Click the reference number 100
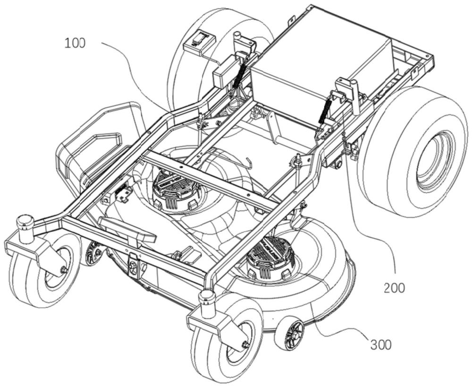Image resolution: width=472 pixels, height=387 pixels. pos(75,43)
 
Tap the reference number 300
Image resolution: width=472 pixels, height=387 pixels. pos(380,344)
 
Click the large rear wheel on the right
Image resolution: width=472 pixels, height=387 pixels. pos(415,151)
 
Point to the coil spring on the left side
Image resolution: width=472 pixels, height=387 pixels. pos(240,73)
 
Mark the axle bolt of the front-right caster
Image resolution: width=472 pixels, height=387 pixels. pos(245,344)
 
